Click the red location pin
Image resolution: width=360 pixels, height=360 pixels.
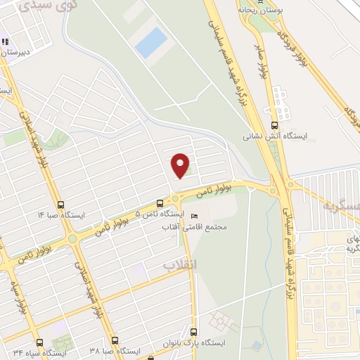point(181,165)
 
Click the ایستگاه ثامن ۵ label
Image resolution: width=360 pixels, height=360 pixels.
point(159,213)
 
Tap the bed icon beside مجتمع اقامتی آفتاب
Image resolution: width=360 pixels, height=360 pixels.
point(195,216)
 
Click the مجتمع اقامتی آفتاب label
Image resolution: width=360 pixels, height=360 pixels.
point(214,228)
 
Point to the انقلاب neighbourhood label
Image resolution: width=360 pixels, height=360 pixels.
point(180,264)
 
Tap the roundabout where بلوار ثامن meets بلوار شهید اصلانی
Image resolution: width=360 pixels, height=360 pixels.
point(72,239)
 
